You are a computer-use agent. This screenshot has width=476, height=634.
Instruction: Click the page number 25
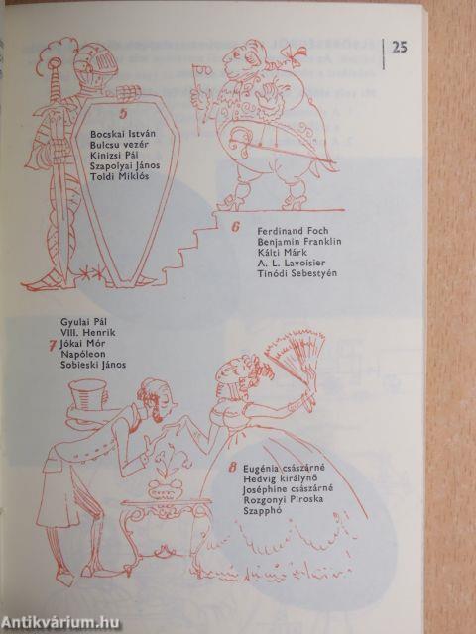point(400,48)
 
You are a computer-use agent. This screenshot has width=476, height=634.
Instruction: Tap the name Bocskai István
point(123,134)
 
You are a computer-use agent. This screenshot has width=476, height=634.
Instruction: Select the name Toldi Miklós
point(119,176)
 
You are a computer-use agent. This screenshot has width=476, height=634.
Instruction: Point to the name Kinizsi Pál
point(115,156)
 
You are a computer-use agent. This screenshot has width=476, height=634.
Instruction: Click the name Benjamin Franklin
point(299,242)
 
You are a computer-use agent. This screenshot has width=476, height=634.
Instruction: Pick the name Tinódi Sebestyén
point(297,273)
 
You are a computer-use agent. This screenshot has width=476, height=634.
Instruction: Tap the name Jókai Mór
point(82,344)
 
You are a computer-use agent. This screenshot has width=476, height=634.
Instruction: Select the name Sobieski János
point(93,365)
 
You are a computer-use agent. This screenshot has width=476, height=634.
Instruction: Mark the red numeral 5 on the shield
point(123,114)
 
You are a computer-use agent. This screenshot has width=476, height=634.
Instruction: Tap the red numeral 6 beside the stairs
point(236,227)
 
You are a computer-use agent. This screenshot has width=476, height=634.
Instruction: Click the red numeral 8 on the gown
point(232,469)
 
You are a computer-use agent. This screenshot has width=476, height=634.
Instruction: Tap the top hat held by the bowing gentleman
point(88,395)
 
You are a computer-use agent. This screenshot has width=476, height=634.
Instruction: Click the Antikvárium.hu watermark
point(60,623)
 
